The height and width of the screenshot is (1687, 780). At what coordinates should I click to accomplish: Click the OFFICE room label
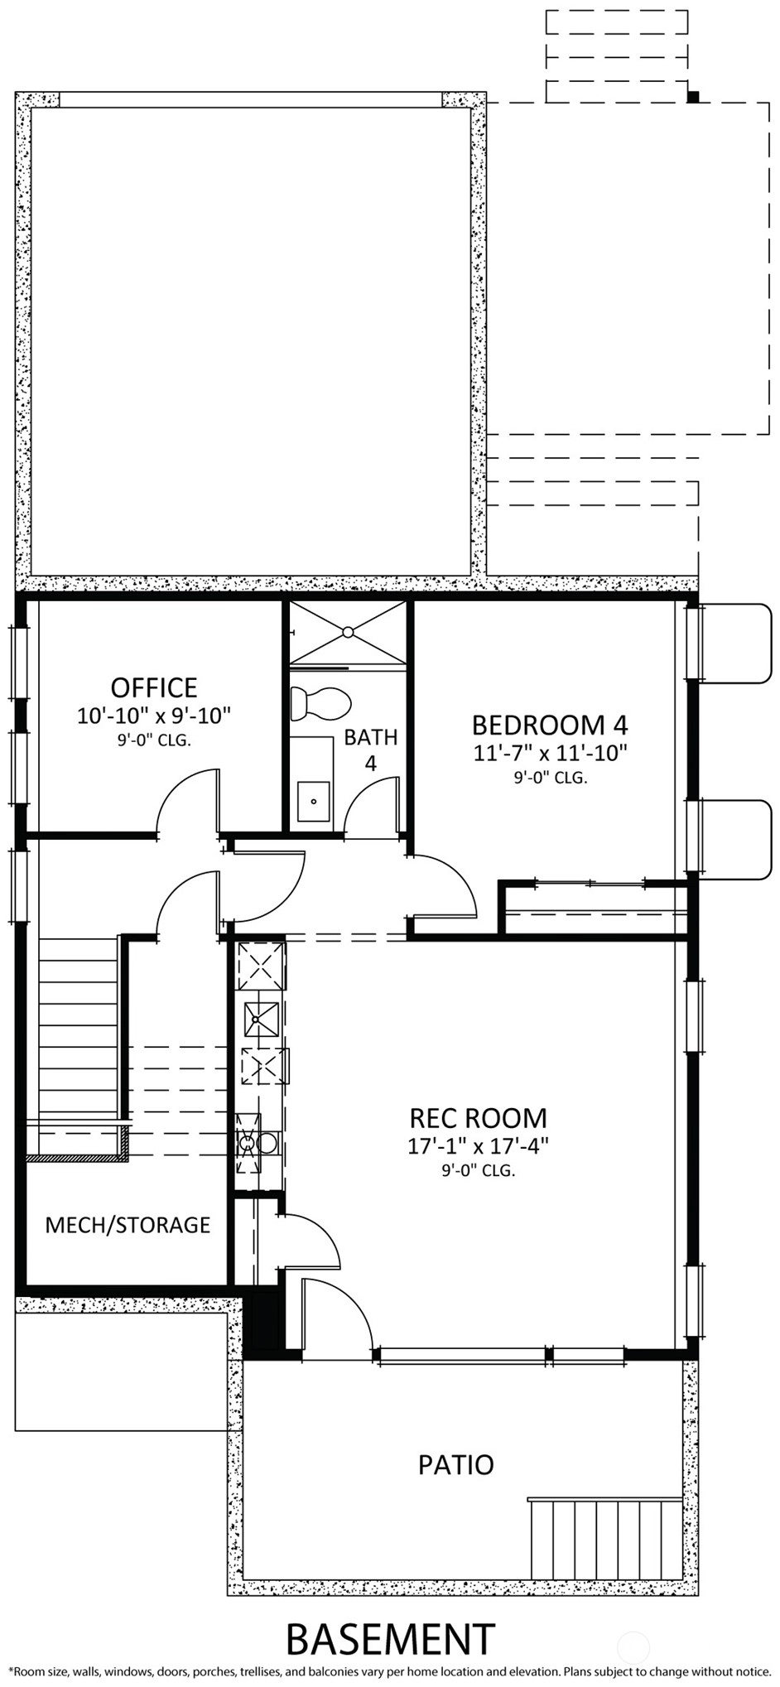(154, 687)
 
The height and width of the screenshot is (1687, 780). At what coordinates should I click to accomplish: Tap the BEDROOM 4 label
(550, 725)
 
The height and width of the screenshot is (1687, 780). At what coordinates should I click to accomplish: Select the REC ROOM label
(479, 1118)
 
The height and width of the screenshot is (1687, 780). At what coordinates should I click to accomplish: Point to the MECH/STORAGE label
(128, 1225)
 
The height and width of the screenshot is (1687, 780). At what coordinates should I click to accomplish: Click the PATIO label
(456, 1465)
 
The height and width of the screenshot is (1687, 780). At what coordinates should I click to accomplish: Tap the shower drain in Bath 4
(348, 632)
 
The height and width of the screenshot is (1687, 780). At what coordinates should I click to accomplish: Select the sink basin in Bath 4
(314, 801)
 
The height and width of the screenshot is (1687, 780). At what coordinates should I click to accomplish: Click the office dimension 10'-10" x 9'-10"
(154, 716)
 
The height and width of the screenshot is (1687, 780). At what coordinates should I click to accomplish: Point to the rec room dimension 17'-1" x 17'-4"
(479, 1146)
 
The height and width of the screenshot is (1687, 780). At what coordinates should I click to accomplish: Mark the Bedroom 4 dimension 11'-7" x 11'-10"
(550, 754)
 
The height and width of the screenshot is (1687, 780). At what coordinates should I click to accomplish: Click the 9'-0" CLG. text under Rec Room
(479, 1171)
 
